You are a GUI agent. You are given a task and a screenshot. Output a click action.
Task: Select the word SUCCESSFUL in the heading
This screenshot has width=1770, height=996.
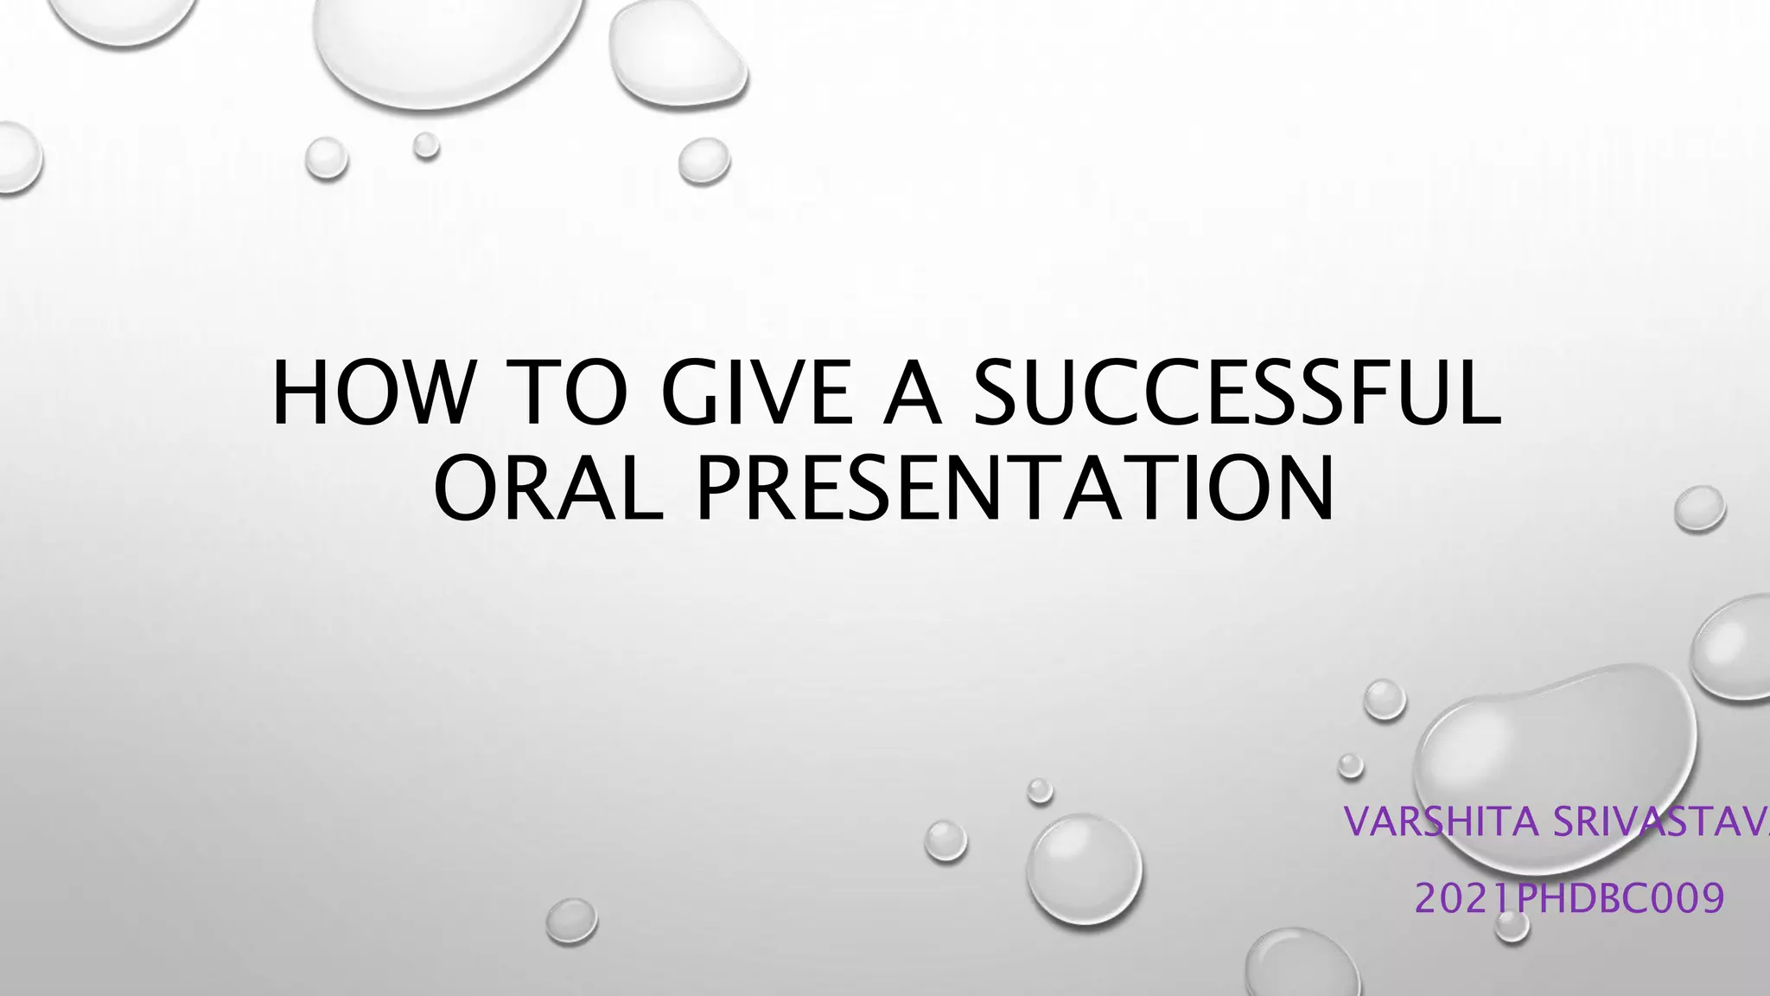click(1236, 393)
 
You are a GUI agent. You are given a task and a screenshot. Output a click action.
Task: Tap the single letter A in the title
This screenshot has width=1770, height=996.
click(911, 393)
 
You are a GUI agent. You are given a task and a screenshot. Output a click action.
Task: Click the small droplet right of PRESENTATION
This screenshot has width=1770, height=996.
click(1699, 508)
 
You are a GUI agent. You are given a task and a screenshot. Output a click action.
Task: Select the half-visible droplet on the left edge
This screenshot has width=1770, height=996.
click(16, 157)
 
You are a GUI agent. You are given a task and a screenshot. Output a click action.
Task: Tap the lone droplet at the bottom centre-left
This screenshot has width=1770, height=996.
click(571, 920)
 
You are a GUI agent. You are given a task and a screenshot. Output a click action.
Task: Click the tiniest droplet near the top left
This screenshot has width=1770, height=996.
click(425, 145)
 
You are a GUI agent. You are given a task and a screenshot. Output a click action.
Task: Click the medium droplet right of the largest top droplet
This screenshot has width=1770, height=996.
click(677, 54)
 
